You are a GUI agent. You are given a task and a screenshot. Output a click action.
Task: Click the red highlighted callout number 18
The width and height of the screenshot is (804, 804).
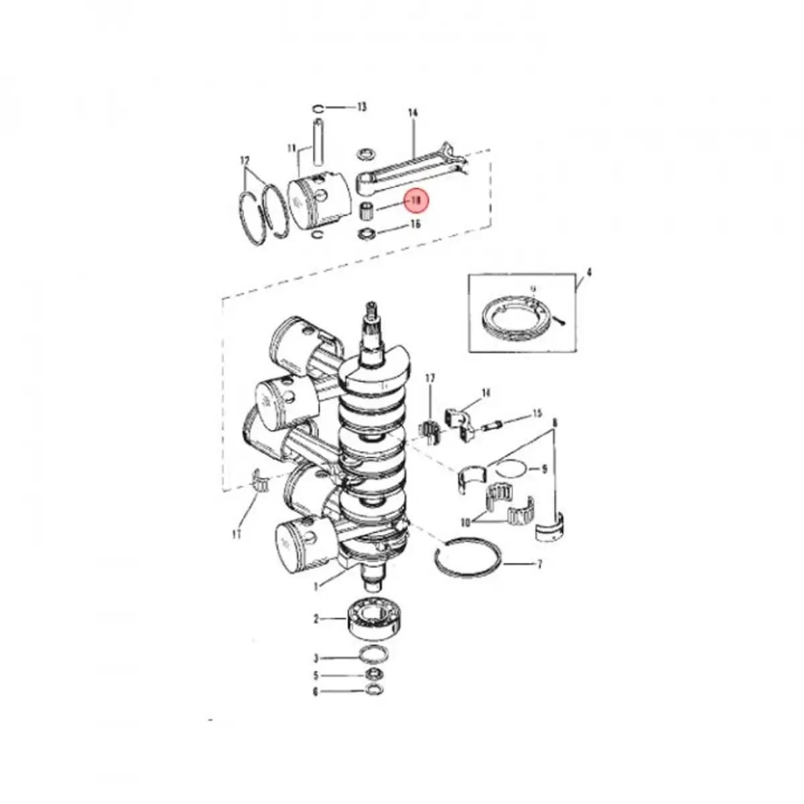click(x=416, y=200)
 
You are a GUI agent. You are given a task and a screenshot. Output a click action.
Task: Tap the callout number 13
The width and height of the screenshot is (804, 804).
click(x=362, y=107)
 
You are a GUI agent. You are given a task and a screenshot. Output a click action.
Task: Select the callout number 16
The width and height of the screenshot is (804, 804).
click(x=415, y=224)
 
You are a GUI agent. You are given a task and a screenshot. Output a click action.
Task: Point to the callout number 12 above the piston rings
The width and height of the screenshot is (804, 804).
click(x=245, y=161)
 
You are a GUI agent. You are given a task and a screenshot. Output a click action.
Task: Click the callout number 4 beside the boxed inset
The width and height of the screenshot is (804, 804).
click(x=588, y=273)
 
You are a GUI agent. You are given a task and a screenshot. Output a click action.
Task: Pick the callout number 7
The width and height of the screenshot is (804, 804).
click(x=539, y=565)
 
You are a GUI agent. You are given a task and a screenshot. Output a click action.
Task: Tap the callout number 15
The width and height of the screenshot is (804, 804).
click(x=537, y=415)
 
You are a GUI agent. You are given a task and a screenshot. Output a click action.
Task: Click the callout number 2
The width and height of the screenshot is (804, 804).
click(x=316, y=620)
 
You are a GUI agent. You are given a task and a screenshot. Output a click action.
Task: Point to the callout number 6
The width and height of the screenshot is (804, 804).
click(x=316, y=692)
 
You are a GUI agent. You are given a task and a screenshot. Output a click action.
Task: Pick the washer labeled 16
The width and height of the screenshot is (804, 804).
click(x=366, y=234)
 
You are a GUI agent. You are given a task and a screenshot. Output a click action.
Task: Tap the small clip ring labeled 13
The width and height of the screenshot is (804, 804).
click(x=319, y=109)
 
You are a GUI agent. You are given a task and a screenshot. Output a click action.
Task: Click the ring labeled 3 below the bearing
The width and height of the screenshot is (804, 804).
click(x=371, y=655)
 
